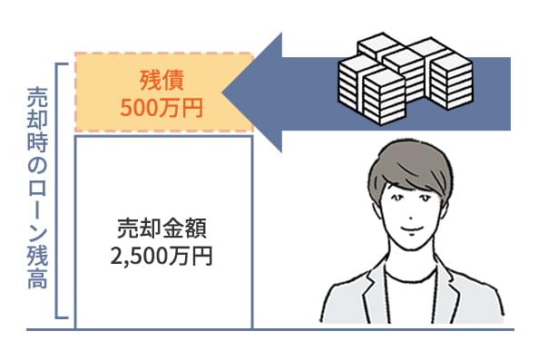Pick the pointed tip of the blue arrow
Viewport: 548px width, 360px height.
pyautogui.click(x=223, y=92)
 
